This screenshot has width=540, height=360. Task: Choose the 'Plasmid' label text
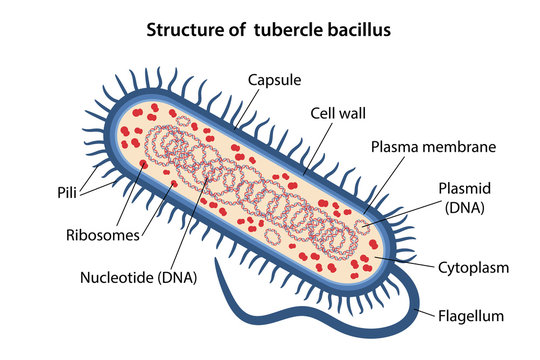tap(463, 189)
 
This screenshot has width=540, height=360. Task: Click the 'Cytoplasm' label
tap(474, 268)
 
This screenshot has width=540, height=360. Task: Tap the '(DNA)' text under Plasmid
tap(463, 209)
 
